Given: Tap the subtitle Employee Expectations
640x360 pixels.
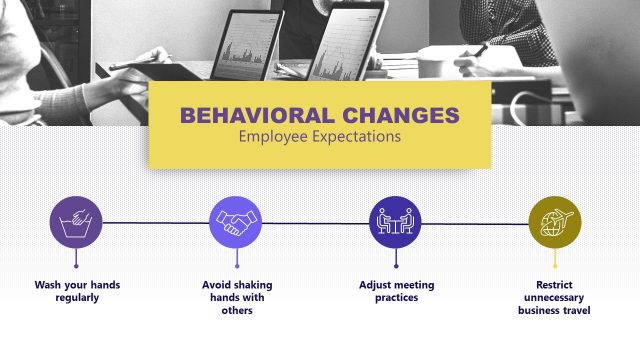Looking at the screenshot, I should [x=319, y=136].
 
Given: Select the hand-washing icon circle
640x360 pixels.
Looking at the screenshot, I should [x=77, y=223].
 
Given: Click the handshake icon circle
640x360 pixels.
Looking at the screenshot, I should [x=236, y=223].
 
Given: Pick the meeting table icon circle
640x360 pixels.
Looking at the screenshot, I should [x=395, y=223].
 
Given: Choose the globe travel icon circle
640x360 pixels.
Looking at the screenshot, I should [x=554, y=223].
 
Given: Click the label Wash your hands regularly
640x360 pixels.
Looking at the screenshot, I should [x=77, y=291].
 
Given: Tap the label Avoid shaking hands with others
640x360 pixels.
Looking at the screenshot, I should [x=236, y=297].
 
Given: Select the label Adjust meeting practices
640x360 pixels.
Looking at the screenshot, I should [x=395, y=291].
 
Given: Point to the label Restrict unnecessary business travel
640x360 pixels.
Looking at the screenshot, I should [x=554, y=297].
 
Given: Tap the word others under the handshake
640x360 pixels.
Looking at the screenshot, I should [x=236, y=310].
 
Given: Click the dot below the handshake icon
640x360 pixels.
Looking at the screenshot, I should [x=236, y=266].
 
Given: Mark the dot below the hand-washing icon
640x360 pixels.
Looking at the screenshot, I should [x=77, y=266].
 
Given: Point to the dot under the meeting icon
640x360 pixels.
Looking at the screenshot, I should [x=395, y=266].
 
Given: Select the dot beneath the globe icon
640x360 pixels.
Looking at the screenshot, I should [x=554, y=266].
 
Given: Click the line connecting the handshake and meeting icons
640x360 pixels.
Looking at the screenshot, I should [x=315, y=223].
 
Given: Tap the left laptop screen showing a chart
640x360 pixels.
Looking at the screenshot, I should [x=240, y=45].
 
